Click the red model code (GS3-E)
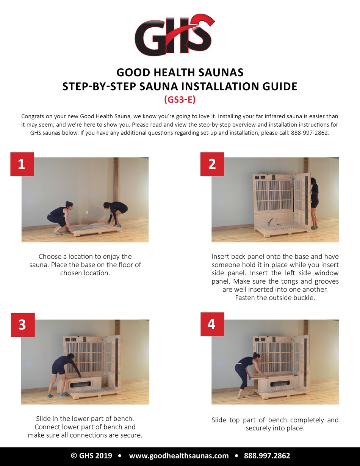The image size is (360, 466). [180, 100]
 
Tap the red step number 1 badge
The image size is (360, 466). [22, 164]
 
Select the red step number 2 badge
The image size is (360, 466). [212, 164]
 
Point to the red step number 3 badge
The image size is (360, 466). [22, 325]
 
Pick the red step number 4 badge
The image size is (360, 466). [212, 324]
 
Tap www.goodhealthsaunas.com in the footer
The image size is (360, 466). [179, 456]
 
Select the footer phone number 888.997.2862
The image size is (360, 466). [267, 456]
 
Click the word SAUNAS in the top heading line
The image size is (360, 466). [221, 72]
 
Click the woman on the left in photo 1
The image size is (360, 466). [59, 218]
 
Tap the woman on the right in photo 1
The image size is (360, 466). [116, 213]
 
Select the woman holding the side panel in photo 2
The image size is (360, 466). [314, 201]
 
